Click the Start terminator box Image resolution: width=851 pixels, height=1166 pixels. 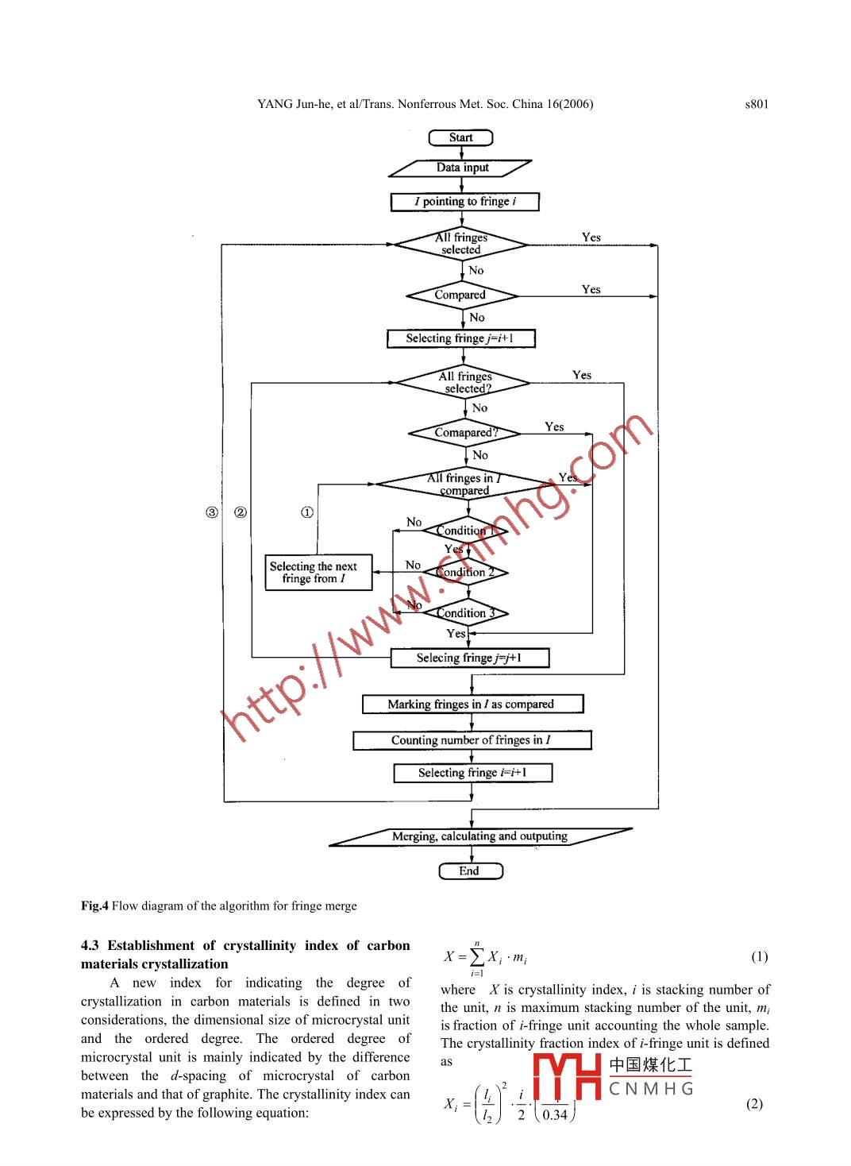(x=460, y=137)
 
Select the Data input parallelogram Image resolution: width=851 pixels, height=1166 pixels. (x=461, y=168)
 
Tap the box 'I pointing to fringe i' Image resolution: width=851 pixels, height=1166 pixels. (x=464, y=202)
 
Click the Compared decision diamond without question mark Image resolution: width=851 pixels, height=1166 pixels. (x=461, y=295)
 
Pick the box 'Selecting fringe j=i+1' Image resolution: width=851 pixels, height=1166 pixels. (x=460, y=338)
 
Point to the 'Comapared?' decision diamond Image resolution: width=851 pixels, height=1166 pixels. (x=465, y=433)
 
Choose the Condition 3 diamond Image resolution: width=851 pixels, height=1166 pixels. (x=465, y=613)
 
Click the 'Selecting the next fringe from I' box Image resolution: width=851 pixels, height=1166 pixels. (x=318, y=572)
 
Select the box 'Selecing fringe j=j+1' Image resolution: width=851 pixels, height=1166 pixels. (x=469, y=658)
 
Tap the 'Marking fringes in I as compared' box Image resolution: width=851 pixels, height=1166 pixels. (x=472, y=704)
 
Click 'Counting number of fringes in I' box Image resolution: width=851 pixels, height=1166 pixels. (x=472, y=740)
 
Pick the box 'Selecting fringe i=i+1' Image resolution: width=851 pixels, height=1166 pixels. (x=472, y=773)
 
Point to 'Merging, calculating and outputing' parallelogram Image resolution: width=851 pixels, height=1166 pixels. (x=479, y=836)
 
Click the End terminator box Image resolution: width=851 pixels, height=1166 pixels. (x=470, y=871)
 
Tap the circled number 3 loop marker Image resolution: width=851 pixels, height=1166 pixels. (x=212, y=512)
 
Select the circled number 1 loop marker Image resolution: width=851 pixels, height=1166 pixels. (x=307, y=512)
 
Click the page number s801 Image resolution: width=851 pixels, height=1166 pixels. (x=757, y=104)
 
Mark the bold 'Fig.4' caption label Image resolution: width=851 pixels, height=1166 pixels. (x=94, y=905)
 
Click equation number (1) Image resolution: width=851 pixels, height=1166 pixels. (x=759, y=956)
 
